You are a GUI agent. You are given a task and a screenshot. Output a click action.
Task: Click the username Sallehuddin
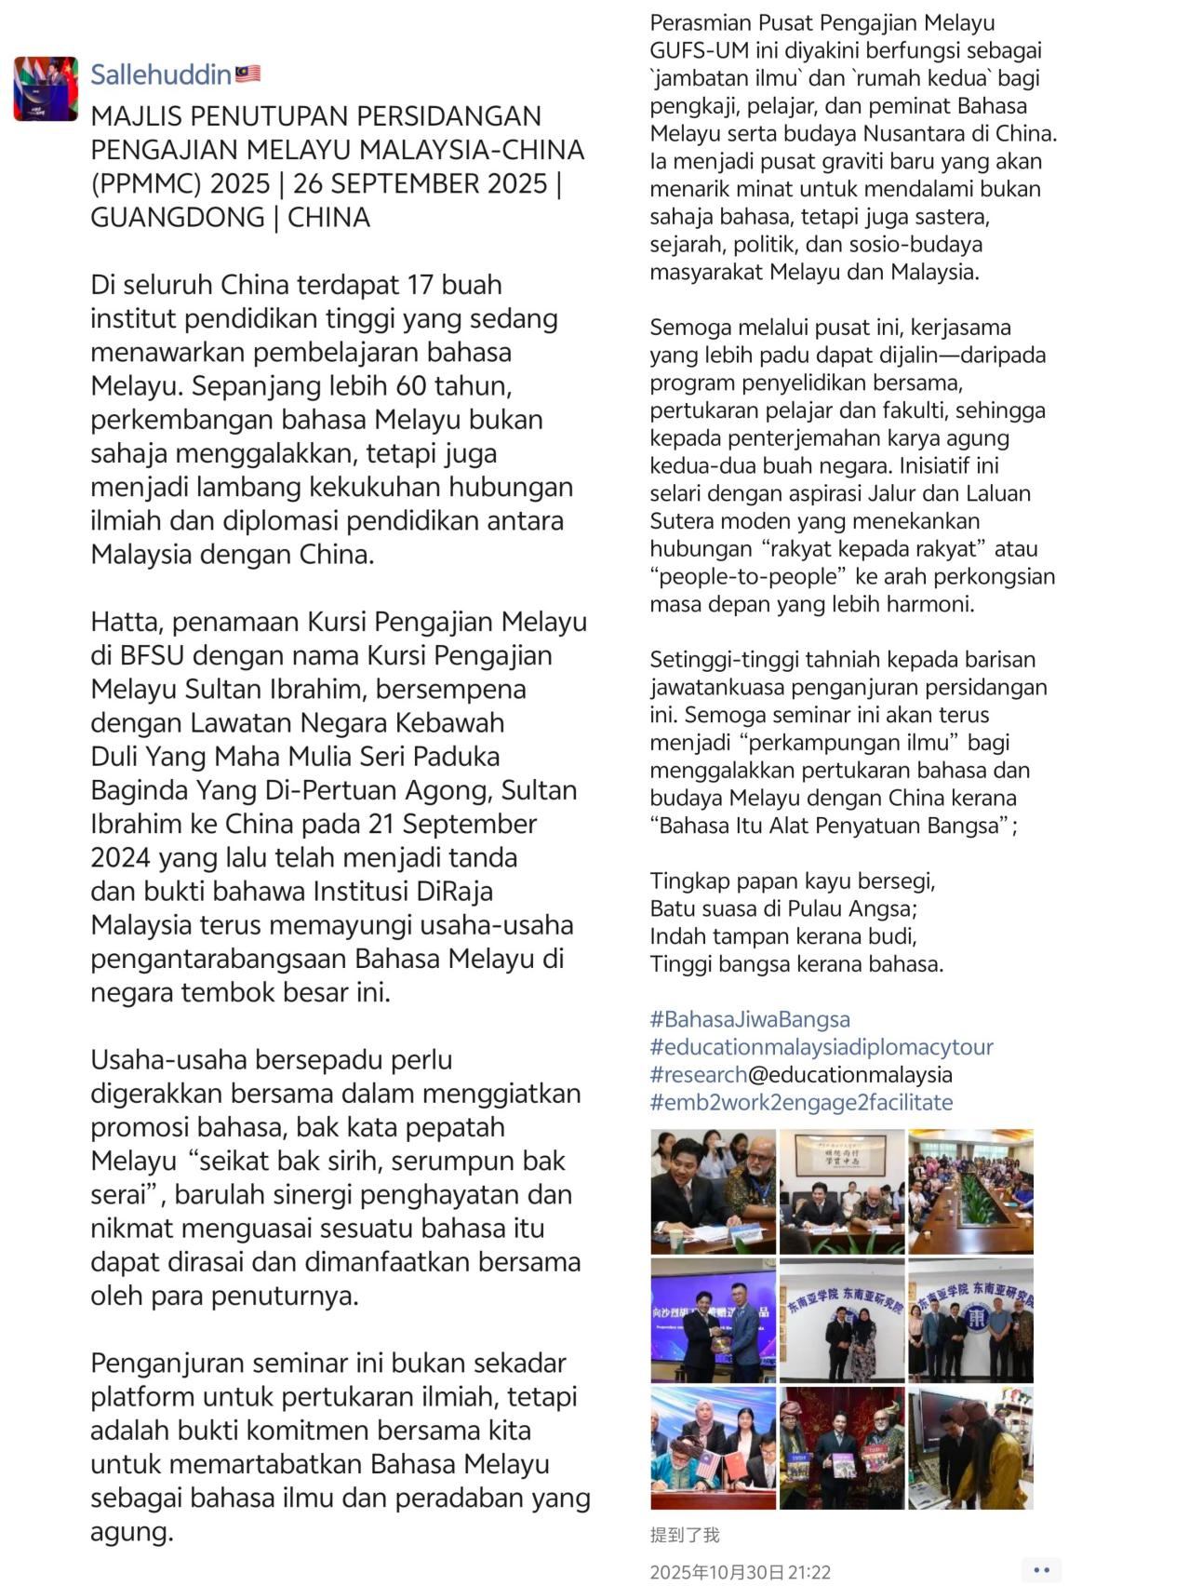pos(160,74)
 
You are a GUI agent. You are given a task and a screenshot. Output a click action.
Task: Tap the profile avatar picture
pos(46,88)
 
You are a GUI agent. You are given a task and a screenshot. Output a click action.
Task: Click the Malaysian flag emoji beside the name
pos(247,74)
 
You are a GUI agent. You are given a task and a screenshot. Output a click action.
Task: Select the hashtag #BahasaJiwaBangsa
pos(749,1019)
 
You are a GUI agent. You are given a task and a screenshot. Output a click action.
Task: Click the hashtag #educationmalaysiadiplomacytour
pos(822,1047)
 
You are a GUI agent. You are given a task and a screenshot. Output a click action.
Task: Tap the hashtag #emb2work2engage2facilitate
pos(801,1102)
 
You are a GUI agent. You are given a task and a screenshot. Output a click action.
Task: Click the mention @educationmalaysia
pos(849,1075)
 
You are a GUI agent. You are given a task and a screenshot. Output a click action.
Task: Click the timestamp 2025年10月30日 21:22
pos(740,1572)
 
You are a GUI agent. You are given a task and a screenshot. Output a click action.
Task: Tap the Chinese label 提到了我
pos(684,1535)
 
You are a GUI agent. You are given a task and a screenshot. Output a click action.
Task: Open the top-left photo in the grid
pos(713,1191)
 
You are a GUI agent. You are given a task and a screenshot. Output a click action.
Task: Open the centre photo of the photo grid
pos(841,1320)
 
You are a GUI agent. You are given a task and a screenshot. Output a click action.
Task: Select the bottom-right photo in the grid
pos(969,1447)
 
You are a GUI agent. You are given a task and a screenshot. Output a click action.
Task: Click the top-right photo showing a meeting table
pos(969,1191)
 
